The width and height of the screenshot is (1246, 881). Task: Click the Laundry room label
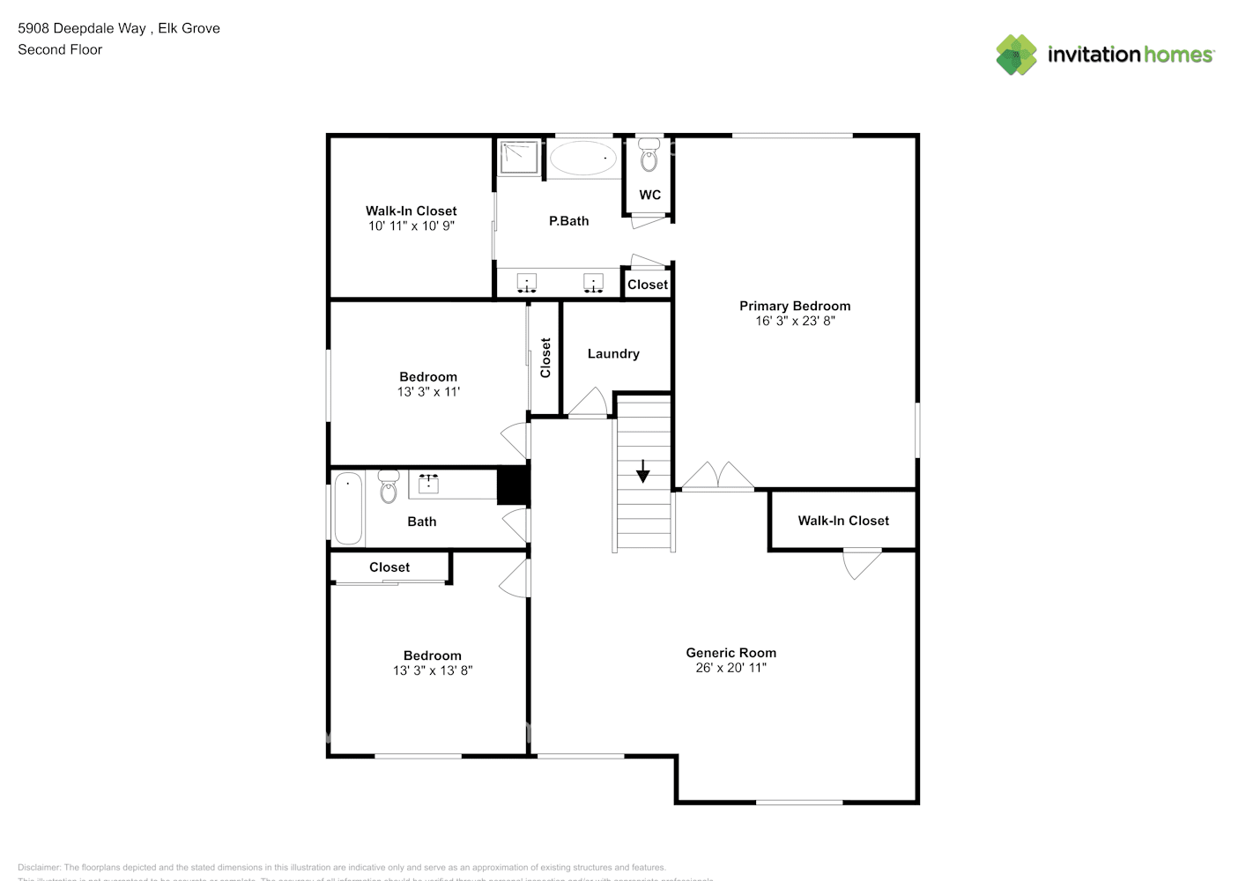pyautogui.click(x=613, y=353)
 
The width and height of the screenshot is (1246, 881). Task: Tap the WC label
pyautogui.click(x=649, y=195)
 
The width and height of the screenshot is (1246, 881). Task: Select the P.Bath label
pyautogui.click(x=568, y=221)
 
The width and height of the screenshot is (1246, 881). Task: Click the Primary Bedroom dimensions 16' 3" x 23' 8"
pyautogui.click(x=795, y=322)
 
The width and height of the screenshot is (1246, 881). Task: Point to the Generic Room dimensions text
pyautogui.click(x=731, y=668)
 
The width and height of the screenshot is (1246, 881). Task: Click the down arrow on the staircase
pyautogui.click(x=643, y=471)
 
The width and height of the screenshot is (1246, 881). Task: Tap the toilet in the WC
pyautogui.click(x=649, y=156)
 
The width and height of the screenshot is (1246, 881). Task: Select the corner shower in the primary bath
pyautogui.click(x=519, y=158)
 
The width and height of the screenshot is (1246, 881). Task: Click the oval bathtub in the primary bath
pyautogui.click(x=582, y=159)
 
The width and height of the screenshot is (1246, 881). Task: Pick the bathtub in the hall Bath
pyautogui.click(x=348, y=510)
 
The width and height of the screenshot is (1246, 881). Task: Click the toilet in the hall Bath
pyautogui.click(x=389, y=487)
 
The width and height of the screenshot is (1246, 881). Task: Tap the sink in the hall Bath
pyautogui.click(x=429, y=483)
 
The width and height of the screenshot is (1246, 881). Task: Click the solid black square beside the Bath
pyautogui.click(x=513, y=485)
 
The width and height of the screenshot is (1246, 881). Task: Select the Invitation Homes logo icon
pyautogui.click(x=1016, y=55)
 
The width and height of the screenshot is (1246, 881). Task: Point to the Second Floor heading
pyautogui.click(x=60, y=50)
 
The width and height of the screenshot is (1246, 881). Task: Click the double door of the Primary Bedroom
pyautogui.click(x=718, y=477)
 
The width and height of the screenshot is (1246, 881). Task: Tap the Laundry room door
pyautogui.click(x=588, y=403)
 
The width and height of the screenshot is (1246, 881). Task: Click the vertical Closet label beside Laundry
pyautogui.click(x=545, y=358)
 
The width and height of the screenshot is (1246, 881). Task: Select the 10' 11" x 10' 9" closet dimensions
pyautogui.click(x=411, y=226)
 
